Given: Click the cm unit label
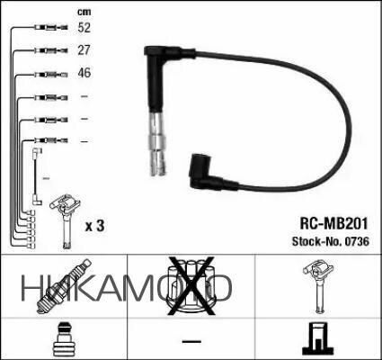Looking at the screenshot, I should point(84,11).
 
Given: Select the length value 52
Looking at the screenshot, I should point(84,29).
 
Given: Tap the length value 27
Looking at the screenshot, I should point(84,51).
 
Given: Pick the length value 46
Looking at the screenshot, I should point(84,73).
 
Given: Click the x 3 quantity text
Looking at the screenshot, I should point(94,226).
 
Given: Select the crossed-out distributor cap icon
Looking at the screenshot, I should point(190,285).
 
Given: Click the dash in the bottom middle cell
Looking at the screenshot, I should point(190,341).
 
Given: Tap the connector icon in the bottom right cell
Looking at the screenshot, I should point(316,339).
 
